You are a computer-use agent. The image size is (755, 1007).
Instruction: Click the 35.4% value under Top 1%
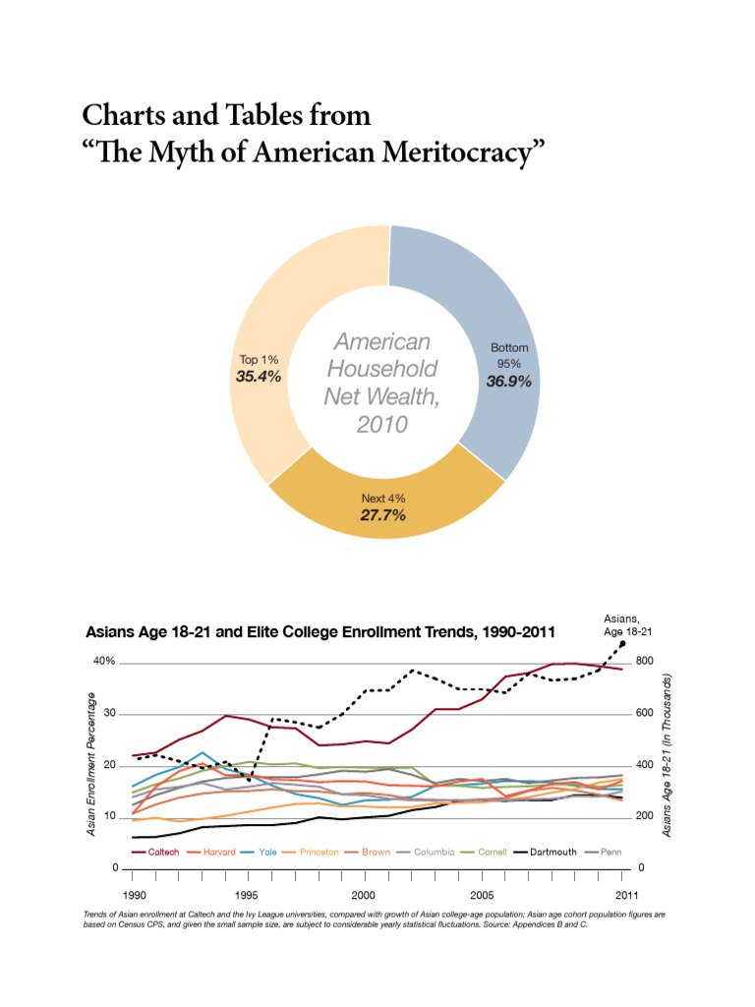point(259,377)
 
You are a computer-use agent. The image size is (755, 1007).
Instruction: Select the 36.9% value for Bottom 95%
point(509,382)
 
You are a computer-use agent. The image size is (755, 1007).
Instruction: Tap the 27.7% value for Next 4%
point(382,515)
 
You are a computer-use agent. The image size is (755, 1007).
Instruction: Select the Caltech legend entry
point(162,852)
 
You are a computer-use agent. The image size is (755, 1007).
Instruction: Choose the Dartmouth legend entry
point(552,852)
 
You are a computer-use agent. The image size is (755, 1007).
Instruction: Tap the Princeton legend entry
point(319,852)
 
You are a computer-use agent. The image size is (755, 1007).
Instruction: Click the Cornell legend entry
point(492,852)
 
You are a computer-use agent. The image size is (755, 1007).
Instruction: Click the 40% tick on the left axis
point(104,661)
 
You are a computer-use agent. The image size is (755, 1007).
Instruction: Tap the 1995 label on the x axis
point(247,895)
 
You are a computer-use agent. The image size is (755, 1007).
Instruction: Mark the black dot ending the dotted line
point(622,644)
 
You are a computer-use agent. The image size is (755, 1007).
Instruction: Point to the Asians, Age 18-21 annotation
point(628,624)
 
